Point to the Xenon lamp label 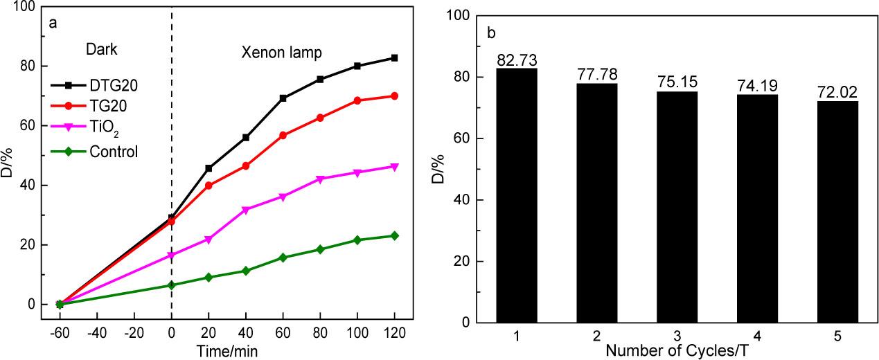tap(281, 52)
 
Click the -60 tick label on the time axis tap(58, 333)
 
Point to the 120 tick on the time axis tap(394, 333)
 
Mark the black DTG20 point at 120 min tap(394, 57)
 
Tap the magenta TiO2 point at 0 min tap(171, 255)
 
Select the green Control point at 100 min tap(357, 240)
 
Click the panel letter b tap(491, 32)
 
